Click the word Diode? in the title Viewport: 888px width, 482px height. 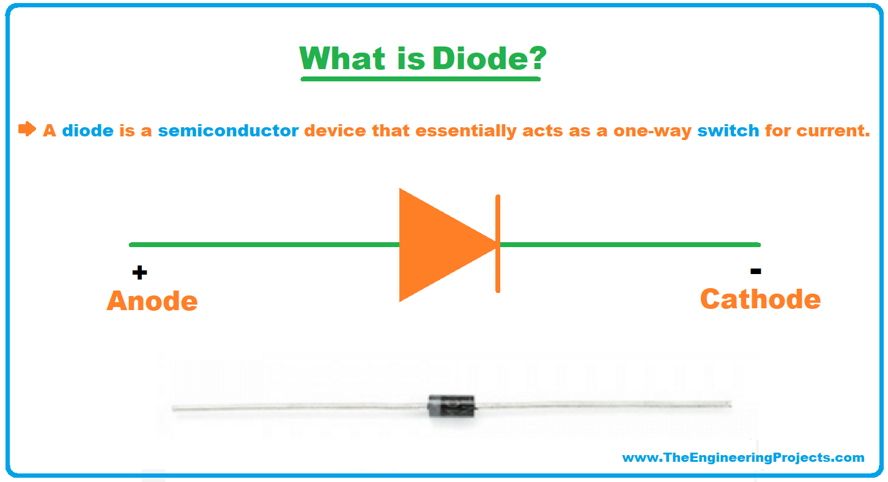(489, 58)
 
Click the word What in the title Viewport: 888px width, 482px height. (342, 58)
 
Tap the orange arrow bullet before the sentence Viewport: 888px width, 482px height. (27, 129)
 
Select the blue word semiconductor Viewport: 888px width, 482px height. (228, 131)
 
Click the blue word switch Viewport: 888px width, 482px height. (728, 131)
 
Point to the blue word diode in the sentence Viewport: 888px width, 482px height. (88, 131)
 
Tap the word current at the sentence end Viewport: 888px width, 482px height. (833, 131)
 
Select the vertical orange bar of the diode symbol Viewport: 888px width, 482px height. (498, 244)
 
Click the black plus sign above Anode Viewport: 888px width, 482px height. (139, 272)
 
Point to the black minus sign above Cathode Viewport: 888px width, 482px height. (755, 271)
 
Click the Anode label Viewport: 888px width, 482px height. (152, 301)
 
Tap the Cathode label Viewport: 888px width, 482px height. (760, 299)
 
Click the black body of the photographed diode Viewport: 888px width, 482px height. (451, 406)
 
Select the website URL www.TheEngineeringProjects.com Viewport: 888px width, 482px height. (743, 458)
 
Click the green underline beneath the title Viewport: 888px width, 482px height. (421, 79)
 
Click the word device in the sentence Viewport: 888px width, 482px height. (335, 131)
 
